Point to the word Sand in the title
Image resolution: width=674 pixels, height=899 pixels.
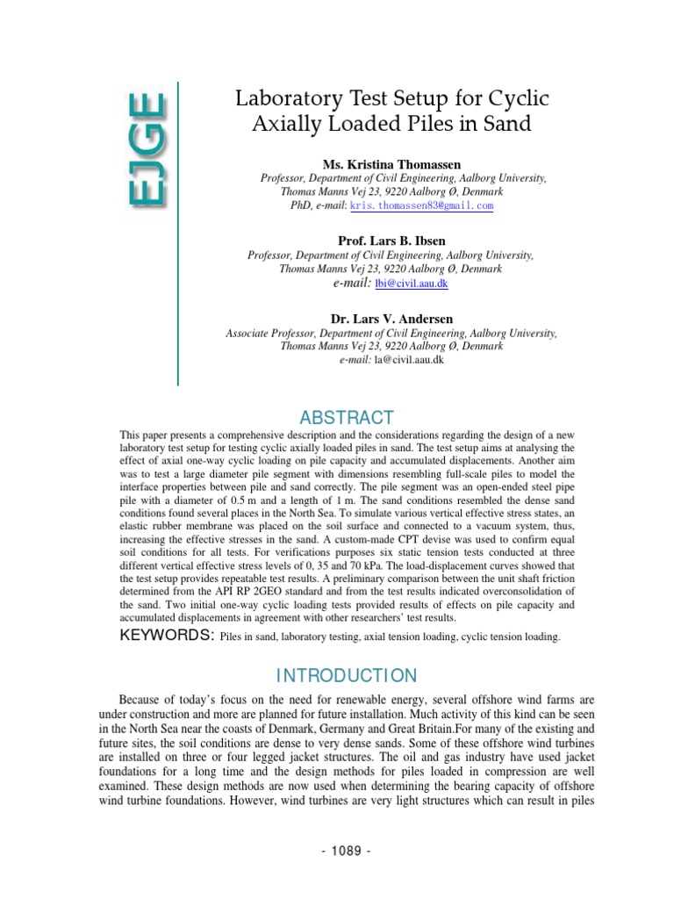click(507, 125)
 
